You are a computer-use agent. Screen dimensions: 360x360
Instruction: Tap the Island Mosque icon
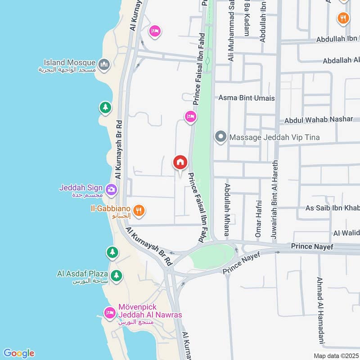tap(104, 65)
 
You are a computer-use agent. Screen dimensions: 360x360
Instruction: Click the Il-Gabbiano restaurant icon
tap(139, 210)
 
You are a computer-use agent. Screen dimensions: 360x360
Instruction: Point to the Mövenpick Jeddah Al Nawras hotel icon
tap(109, 312)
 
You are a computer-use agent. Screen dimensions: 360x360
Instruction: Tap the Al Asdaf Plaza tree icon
tap(116, 275)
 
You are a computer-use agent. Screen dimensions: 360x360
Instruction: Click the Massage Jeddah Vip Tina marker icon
tap(220, 137)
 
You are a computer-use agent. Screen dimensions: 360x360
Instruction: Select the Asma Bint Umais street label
tap(246, 98)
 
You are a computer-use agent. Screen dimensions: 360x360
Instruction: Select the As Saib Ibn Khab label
tap(333, 208)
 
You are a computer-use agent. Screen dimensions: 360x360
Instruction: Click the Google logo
tap(19, 353)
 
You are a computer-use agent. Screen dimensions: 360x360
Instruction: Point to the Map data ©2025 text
tap(336, 355)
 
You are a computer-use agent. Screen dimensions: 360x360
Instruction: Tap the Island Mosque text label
tap(70, 63)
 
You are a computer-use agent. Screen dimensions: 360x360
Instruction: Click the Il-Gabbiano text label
tap(110, 209)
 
